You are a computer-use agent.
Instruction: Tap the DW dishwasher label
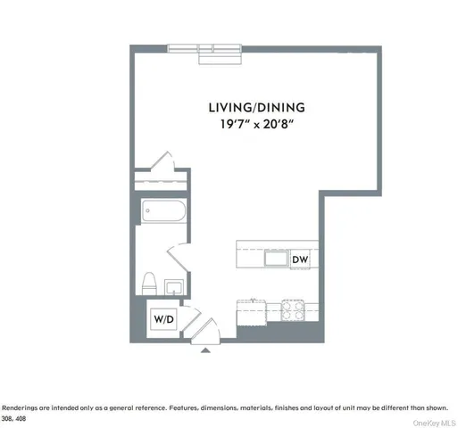coord(300,259)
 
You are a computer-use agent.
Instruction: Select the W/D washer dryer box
coord(163,318)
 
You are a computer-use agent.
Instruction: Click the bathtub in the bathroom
coord(163,215)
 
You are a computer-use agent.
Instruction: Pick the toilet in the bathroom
coord(149,284)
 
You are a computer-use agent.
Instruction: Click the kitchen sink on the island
coord(275,259)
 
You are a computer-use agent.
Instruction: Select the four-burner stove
coord(294,312)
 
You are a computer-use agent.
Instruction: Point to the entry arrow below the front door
coord(207,351)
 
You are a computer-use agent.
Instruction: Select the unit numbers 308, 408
coord(14,418)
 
